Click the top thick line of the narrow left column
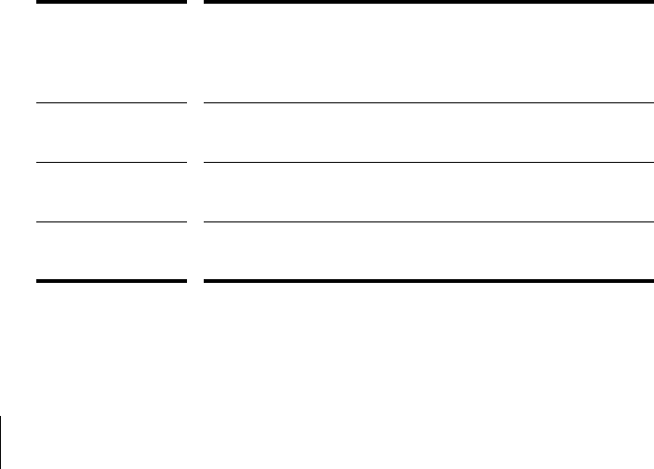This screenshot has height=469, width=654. click(x=112, y=2)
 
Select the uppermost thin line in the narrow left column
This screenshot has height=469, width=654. click(x=112, y=102)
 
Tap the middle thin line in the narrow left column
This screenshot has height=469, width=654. click(x=112, y=162)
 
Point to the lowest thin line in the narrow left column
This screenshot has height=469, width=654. click(x=112, y=221)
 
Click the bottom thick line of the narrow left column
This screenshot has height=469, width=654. click(x=112, y=280)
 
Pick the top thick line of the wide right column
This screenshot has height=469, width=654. click(x=428, y=2)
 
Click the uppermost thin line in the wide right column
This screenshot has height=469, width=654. click(x=428, y=102)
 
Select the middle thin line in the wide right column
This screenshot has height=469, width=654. click(x=428, y=162)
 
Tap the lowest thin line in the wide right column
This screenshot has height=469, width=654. click(x=428, y=221)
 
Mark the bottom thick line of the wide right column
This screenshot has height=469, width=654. click(x=428, y=280)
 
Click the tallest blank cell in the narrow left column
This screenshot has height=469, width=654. click(x=112, y=52)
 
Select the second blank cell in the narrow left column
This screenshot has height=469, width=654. click(x=112, y=132)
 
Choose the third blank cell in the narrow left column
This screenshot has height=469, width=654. click(x=112, y=192)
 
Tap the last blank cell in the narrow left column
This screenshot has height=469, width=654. click(x=112, y=250)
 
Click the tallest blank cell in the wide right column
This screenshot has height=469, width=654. click(x=428, y=52)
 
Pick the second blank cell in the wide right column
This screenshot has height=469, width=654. click(x=428, y=132)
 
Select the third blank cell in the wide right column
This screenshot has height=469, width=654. click(x=428, y=192)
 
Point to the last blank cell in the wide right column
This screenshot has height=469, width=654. click(x=428, y=250)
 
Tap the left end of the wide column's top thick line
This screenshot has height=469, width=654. click(x=206, y=2)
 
